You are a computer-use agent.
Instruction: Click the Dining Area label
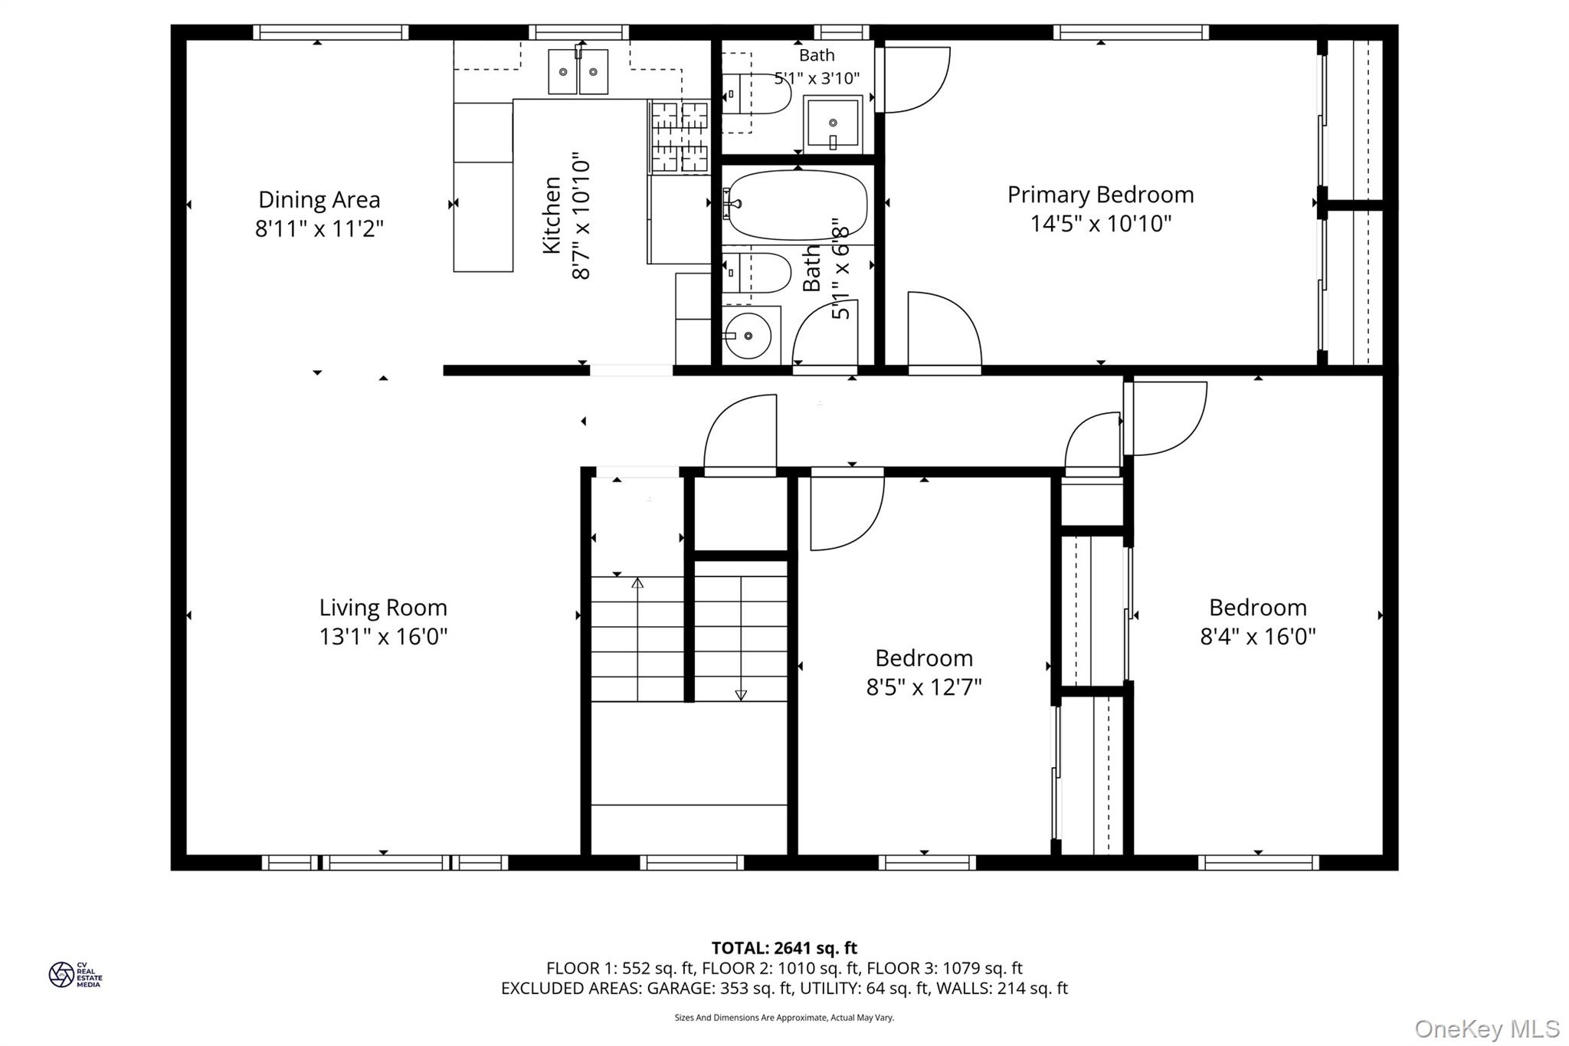(x=319, y=200)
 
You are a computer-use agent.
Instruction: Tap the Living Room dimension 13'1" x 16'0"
(x=383, y=637)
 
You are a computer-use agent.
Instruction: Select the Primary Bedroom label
(x=1100, y=195)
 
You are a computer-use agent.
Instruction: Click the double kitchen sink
(x=578, y=71)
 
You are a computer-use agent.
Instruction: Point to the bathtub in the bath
(x=797, y=205)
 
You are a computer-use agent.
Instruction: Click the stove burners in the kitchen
(x=680, y=136)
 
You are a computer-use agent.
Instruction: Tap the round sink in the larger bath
(x=748, y=336)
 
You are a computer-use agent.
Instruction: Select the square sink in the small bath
(x=832, y=123)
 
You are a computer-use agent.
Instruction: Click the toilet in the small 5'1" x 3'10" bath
(x=755, y=93)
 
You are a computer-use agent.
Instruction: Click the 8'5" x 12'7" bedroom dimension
(x=924, y=687)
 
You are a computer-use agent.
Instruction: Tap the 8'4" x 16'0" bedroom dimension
(x=1257, y=637)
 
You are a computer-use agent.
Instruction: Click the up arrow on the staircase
(x=637, y=584)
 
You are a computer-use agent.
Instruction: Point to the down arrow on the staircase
(x=741, y=694)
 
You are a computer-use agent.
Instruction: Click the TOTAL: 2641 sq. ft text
(x=784, y=949)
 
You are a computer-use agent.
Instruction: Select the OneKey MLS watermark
(x=1486, y=1028)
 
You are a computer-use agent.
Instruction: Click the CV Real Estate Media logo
(x=74, y=975)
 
